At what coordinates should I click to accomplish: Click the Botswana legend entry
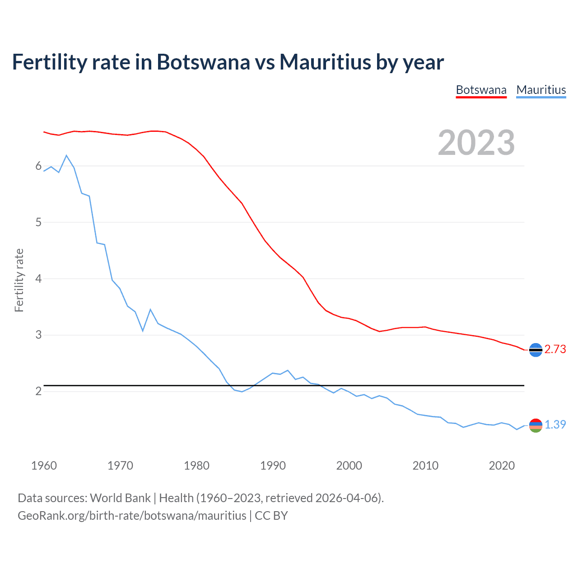[x=481, y=90]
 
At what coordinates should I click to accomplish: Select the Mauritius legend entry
[x=541, y=90]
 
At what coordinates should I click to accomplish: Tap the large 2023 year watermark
[x=476, y=143]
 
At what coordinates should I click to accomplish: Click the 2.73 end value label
[x=555, y=349]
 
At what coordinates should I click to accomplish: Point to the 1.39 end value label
[x=555, y=424]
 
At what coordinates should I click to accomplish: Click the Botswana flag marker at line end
[x=536, y=350]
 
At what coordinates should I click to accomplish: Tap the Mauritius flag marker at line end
[x=536, y=425]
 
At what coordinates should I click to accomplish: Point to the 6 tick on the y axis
[x=38, y=166]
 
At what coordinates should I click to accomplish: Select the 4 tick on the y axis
[x=38, y=279]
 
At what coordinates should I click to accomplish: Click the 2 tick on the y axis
[x=38, y=391]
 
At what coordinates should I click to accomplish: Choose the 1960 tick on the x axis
[x=44, y=466]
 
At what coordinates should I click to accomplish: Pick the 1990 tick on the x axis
[x=273, y=466]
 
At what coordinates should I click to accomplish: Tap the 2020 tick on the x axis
[x=502, y=466]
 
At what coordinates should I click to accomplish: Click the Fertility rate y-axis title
[x=19, y=280]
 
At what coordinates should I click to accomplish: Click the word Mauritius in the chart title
[x=325, y=62]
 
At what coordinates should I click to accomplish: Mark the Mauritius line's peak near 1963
[x=66, y=155]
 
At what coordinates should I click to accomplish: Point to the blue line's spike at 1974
[x=150, y=309]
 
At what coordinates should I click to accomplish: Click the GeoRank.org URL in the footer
[x=132, y=516]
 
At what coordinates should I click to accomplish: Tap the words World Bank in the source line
[x=120, y=498]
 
